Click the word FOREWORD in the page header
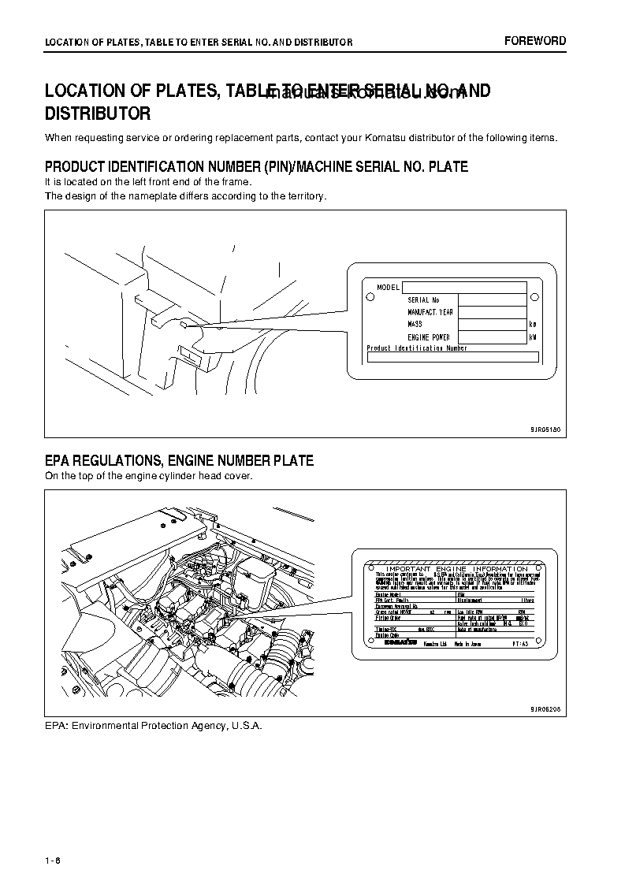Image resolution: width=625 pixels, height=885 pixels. click(x=535, y=41)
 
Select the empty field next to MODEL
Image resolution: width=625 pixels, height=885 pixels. click(x=463, y=288)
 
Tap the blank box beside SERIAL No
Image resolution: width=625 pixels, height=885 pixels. click(x=492, y=300)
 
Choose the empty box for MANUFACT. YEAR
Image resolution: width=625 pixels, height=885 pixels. click(x=492, y=312)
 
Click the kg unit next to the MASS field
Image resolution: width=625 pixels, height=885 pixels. click(x=533, y=325)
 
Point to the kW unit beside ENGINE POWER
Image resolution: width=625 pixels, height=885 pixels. click(x=533, y=337)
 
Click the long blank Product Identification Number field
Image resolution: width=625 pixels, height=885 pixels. click(x=452, y=357)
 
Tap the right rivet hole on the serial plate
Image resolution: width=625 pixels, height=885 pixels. click(x=534, y=297)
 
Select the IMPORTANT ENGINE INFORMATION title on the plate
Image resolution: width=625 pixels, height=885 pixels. click(x=452, y=568)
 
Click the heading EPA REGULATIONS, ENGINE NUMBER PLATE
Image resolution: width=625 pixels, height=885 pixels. click(x=179, y=461)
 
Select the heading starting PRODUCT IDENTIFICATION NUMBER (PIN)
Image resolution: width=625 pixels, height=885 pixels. click(x=256, y=167)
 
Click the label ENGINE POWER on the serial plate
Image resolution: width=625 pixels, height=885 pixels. click(x=428, y=337)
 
